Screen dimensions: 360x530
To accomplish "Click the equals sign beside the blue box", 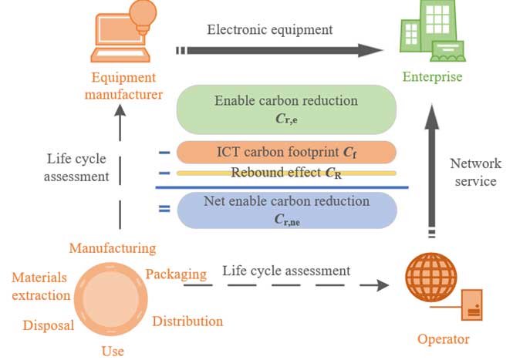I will click(164, 209).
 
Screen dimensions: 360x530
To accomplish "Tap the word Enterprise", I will click(432, 76).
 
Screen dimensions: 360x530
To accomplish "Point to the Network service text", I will click(475, 173).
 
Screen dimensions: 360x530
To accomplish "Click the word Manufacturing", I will click(113, 248).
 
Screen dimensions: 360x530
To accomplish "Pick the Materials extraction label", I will click(39, 286).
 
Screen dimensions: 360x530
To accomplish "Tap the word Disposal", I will click(49, 325).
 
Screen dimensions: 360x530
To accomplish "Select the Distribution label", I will click(187, 321).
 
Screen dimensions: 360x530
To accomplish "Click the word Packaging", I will click(176, 274).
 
